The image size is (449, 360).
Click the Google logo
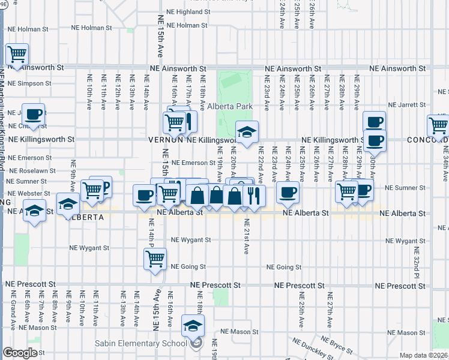click(x=20, y=353)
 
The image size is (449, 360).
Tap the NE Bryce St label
click(x=340, y=346)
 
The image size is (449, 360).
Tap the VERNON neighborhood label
click(x=166, y=139)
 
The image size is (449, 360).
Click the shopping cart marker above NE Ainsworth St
click(x=17, y=55)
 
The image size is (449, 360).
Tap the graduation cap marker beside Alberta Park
click(x=246, y=133)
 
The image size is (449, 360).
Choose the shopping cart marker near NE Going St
click(x=155, y=259)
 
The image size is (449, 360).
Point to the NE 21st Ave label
click(x=246, y=236)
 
